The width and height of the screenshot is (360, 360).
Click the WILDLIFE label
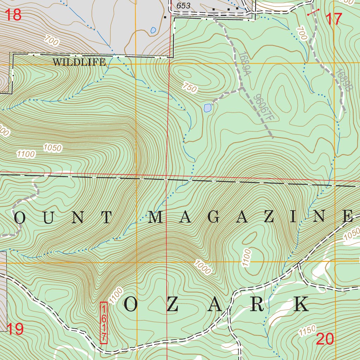[x=79, y=63]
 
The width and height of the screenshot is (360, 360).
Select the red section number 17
[x=334, y=19]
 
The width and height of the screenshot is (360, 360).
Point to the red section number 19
[x=15, y=329]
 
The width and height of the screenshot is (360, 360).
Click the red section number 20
[x=325, y=339]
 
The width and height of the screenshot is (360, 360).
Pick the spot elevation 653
[x=183, y=6]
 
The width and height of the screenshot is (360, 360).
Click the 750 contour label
[x=189, y=88]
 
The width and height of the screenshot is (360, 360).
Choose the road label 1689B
[x=343, y=81]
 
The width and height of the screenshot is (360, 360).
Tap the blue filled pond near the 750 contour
[x=207, y=108]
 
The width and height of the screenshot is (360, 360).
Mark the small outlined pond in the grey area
[x=153, y=30]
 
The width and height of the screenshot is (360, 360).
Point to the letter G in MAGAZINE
[x=214, y=218]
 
